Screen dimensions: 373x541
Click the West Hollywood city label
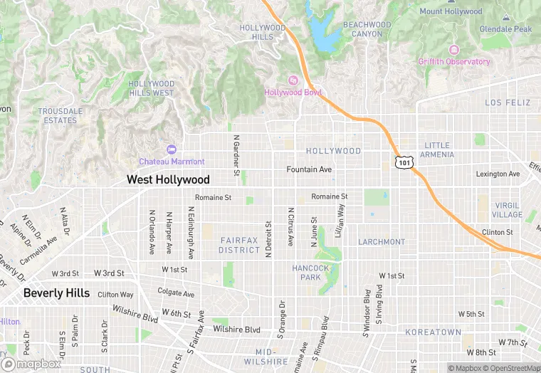click(168, 180)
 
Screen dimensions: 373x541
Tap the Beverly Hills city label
click(56, 293)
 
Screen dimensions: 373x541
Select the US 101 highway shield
click(404, 163)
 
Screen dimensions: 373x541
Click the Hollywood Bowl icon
click(292, 80)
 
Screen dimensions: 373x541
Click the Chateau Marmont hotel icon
click(170, 149)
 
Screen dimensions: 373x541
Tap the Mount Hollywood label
click(451, 11)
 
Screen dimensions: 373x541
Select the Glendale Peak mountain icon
click(505, 16)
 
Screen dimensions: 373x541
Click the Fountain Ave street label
click(309, 169)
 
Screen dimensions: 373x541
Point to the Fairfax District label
click(239, 246)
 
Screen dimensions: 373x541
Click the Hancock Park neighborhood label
click(311, 273)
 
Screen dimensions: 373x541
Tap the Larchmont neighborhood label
click(382, 242)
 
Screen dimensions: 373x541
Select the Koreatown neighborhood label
click(433, 332)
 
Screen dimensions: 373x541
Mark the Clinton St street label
click(497, 233)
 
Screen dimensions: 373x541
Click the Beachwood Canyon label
click(367, 29)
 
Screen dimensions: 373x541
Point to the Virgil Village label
click(507, 209)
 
